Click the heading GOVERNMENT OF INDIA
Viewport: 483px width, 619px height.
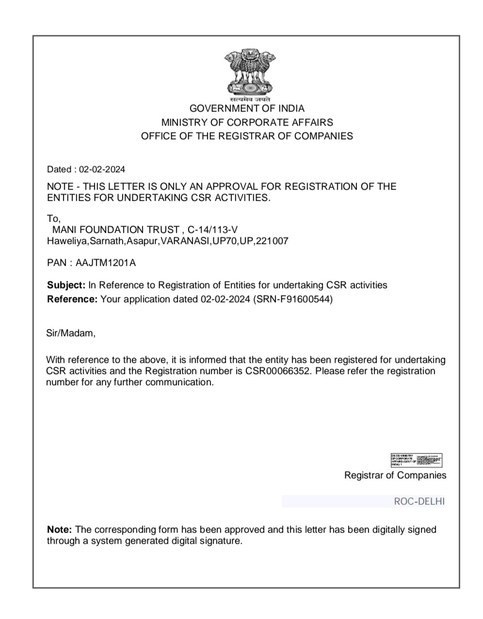247,109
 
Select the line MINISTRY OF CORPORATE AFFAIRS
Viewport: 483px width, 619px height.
247,122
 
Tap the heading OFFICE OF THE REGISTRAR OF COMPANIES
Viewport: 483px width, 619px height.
247,136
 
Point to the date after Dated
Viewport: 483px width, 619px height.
102,169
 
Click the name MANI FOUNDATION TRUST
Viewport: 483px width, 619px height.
115,229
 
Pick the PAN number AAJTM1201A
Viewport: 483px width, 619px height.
106,263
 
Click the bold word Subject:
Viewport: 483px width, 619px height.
66,285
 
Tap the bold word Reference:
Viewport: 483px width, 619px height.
72,299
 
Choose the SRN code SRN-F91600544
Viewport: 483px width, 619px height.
293,299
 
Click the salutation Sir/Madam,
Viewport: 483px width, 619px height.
71,333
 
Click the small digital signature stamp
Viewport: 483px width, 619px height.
416,460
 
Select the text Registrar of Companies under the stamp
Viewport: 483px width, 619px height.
395,475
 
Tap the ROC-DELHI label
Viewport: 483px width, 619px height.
419,502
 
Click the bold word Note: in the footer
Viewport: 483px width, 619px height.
60,530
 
